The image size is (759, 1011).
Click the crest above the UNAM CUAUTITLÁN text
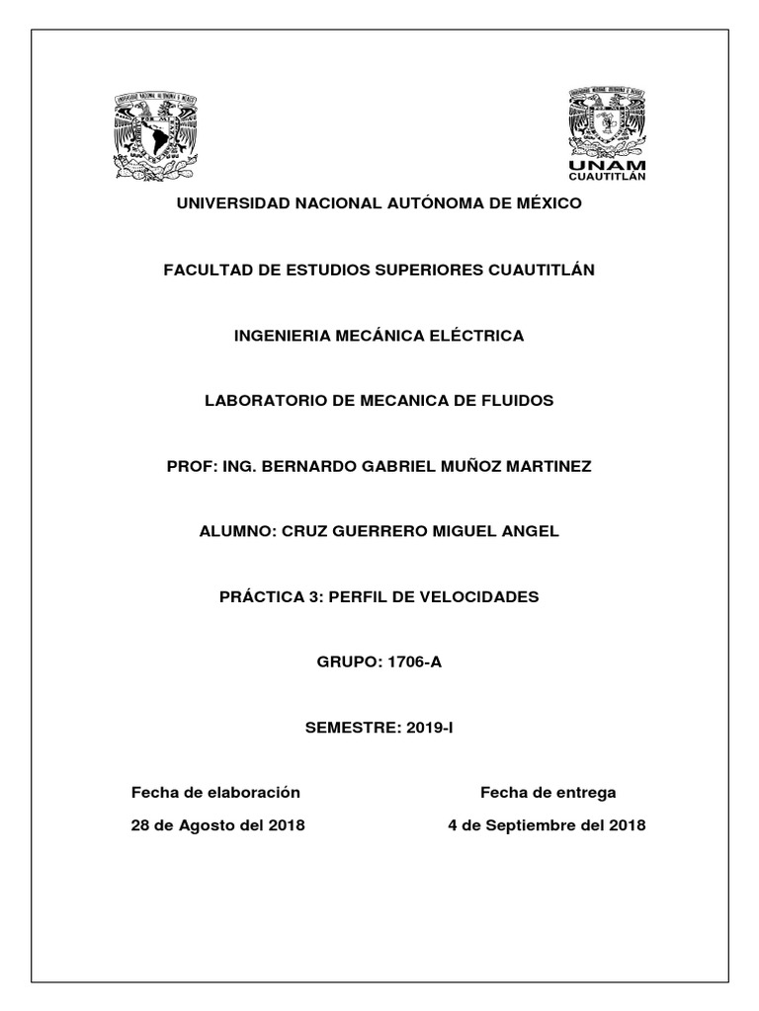click(x=607, y=122)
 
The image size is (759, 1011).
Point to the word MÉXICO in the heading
click(x=544, y=203)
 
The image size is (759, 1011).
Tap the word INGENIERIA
click(x=282, y=336)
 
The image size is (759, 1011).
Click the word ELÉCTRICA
click(x=480, y=336)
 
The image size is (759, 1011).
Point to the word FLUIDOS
click(x=517, y=401)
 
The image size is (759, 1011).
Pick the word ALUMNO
click(x=237, y=532)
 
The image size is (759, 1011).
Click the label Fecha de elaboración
click(x=215, y=793)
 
